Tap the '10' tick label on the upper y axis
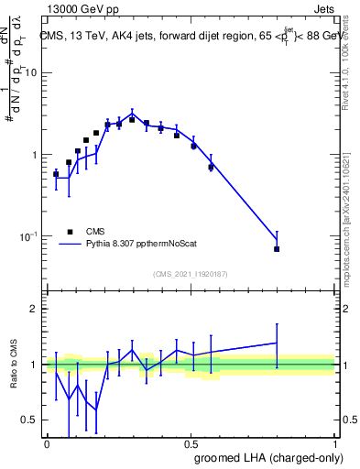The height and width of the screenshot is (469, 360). pyautogui.click(x=33, y=72)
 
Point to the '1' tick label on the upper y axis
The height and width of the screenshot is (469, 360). pyautogui.click(x=37, y=155)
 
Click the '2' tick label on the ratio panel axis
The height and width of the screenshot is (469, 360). pyautogui.click(x=37, y=309)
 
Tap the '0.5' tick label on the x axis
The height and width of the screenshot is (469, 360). pyautogui.click(x=191, y=443)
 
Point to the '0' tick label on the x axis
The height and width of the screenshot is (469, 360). pyautogui.click(x=47, y=443)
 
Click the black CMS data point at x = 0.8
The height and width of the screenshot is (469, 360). pyautogui.click(x=277, y=249)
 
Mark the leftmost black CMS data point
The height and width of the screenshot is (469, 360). pyautogui.click(x=56, y=173)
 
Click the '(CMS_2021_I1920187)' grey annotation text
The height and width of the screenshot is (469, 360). pyautogui.click(x=190, y=273)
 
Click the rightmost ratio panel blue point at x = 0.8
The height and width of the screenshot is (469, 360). pyautogui.click(x=277, y=343)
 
